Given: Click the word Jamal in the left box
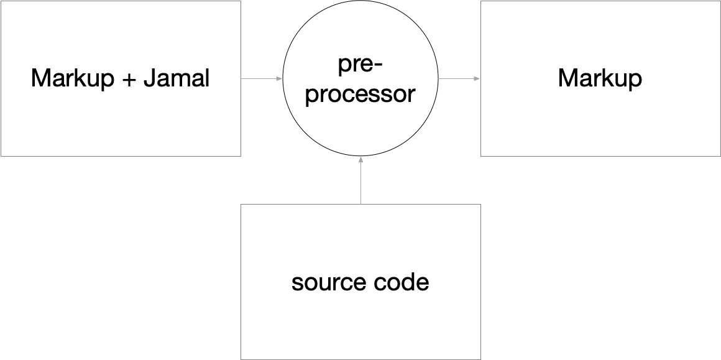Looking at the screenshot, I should tap(177, 79).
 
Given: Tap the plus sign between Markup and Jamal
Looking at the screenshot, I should tap(129, 80).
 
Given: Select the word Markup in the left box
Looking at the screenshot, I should tap(73, 79).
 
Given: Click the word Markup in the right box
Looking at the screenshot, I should tap(600, 79).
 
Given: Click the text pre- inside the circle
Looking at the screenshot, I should tap(360, 64).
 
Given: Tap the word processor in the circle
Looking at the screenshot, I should tap(360, 95).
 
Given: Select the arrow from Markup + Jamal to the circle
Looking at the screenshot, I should tap(262, 79).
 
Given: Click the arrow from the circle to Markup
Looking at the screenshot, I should tap(459, 79).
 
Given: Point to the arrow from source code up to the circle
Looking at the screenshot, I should tap(360, 180).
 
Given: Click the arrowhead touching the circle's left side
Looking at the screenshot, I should tap(280, 79).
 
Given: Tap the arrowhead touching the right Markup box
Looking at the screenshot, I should tap(477, 79).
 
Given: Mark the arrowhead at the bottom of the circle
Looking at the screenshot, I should tap(360, 159).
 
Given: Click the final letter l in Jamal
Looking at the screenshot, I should tap(207, 79).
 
